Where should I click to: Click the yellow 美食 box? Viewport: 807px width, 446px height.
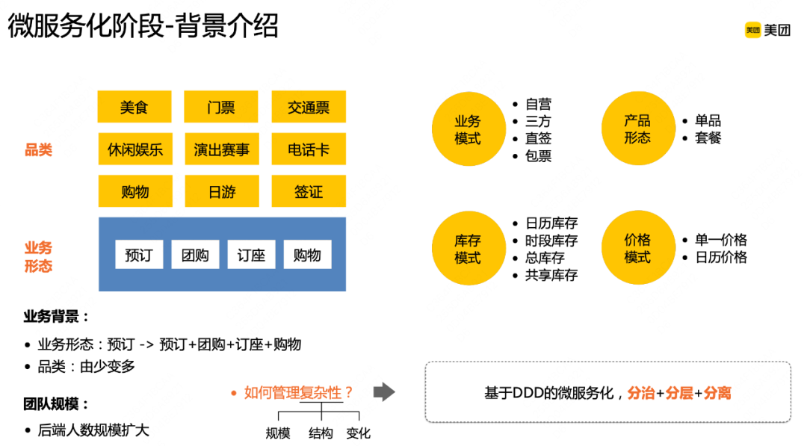coord(134,107)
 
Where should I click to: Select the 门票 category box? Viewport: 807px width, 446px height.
coord(221,107)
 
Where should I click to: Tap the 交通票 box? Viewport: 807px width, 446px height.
coord(309,107)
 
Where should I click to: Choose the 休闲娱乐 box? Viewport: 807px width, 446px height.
coord(134,149)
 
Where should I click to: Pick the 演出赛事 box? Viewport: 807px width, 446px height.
coord(221,149)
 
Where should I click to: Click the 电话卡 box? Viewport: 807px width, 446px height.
coord(309,149)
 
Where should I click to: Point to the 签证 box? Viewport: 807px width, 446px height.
coord(309,191)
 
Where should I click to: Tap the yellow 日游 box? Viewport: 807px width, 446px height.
coord(221,191)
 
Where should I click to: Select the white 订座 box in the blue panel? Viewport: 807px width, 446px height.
coord(251,255)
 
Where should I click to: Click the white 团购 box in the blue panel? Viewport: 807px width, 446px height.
coord(195,255)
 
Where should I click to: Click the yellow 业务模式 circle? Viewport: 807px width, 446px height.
coord(468,129)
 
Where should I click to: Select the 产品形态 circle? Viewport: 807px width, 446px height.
coord(637,129)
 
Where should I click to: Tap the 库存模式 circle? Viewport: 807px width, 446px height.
coord(468,249)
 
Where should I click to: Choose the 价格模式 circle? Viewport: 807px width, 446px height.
coord(637,249)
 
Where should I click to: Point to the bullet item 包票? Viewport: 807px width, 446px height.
coord(538,156)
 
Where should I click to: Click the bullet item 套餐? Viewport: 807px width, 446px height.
coord(708,138)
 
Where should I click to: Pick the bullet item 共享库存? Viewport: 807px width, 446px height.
coord(551,275)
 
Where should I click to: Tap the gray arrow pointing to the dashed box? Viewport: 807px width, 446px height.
coord(383,392)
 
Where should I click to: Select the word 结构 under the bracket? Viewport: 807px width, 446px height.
coord(321,433)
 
